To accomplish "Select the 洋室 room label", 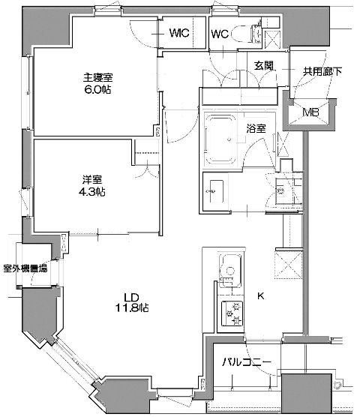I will click(x=91, y=180).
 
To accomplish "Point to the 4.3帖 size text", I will click(x=93, y=193).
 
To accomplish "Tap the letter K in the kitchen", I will click(x=260, y=295).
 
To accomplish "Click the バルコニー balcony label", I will click(x=246, y=363).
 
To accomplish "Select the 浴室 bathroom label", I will click(x=256, y=128).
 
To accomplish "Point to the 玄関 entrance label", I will click(x=262, y=65).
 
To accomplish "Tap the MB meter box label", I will click(x=310, y=113).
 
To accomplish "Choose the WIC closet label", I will click(x=178, y=33).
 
